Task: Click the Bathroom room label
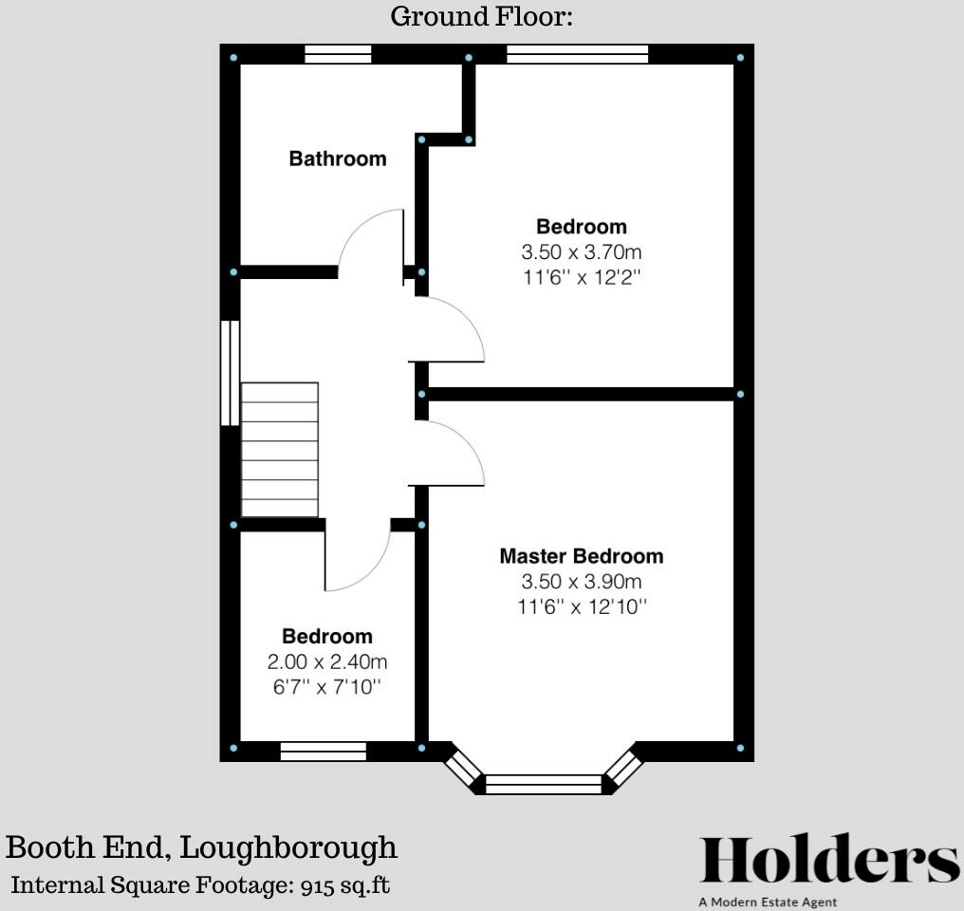click(x=338, y=158)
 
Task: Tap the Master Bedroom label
click(x=581, y=556)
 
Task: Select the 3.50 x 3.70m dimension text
click(x=581, y=252)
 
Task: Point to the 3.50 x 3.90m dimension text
click(x=581, y=582)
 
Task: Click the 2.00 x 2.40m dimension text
click(x=327, y=662)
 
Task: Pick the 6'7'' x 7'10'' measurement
click(x=327, y=686)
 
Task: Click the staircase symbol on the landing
click(x=280, y=449)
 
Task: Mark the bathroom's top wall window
click(x=338, y=54)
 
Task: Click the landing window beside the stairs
click(x=230, y=372)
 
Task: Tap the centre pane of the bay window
click(x=544, y=784)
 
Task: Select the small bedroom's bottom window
click(x=324, y=752)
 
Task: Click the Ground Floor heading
click(x=482, y=16)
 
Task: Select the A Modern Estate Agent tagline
click(x=767, y=902)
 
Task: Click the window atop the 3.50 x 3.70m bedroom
click(x=577, y=54)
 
